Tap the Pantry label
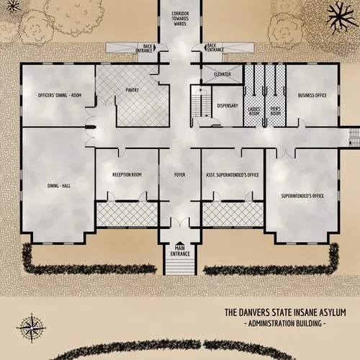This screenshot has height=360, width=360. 132,90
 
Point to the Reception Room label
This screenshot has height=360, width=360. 127,175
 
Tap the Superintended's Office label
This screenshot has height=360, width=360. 302,195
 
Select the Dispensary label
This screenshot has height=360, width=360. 228,106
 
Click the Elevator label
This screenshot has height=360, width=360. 222,74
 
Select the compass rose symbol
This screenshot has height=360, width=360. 31,328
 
